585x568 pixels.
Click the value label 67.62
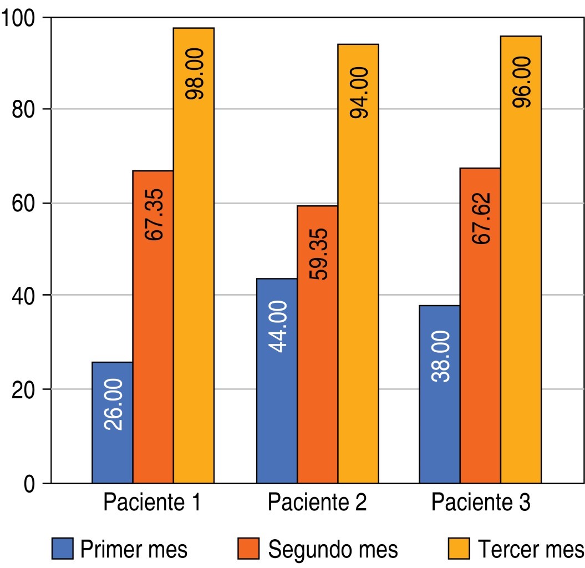pyautogui.click(x=481, y=219)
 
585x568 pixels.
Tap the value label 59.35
pyautogui.click(x=317, y=254)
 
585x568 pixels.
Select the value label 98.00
pyautogui.click(x=194, y=74)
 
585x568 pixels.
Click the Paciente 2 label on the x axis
pyautogui.click(x=317, y=503)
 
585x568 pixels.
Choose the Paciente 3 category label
pyautogui.click(x=481, y=503)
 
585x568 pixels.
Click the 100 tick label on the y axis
pyautogui.click(x=19, y=18)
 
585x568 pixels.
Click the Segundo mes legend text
pyautogui.click(x=333, y=549)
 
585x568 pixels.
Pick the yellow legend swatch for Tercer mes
pyautogui.click(x=459, y=549)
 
